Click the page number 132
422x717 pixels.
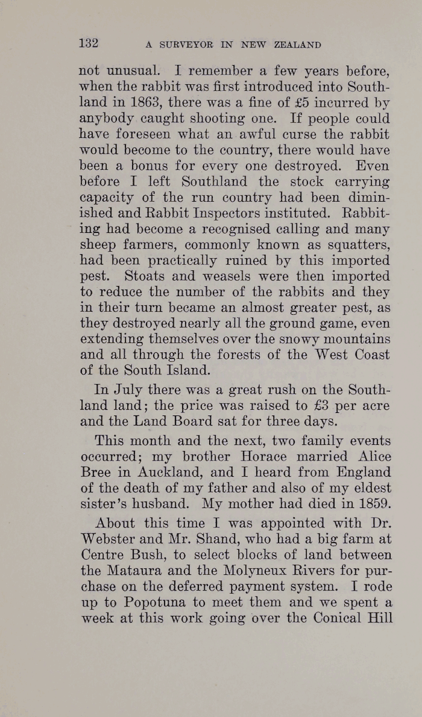tap(89, 43)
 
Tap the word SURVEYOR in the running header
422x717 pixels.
tap(176, 45)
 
